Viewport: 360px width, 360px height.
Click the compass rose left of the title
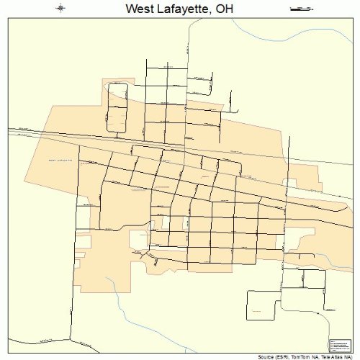click(61, 9)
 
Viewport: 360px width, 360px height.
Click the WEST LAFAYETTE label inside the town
click(61, 159)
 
